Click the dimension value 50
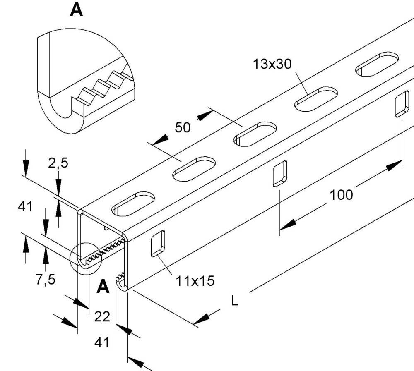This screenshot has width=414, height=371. (183, 127)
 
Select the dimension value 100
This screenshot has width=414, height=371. (341, 194)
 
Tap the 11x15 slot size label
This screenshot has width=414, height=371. (195, 282)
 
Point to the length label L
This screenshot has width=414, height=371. (235, 301)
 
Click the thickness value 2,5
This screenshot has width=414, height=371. (58, 163)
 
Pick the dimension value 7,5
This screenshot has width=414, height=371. (45, 280)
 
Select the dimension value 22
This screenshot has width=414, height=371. (102, 317)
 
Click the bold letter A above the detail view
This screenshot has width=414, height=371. (76, 10)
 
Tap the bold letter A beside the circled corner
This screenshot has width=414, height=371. (103, 287)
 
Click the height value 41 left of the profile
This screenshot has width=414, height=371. (25, 206)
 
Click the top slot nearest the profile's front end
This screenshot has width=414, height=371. (133, 204)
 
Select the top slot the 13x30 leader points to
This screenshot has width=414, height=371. (316, 99)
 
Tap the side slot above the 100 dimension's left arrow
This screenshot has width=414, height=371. (279, 174)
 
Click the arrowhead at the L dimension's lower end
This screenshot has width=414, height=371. (201, 319)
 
